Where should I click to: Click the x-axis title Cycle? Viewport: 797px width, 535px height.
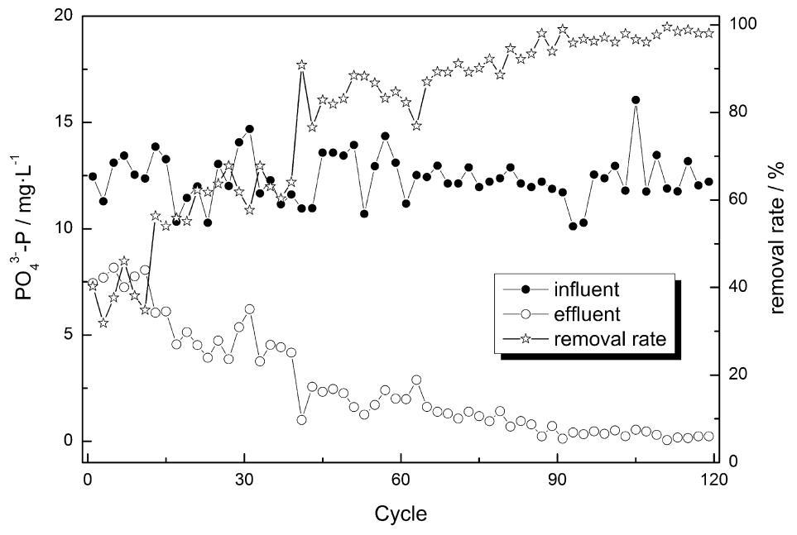coord(400,514)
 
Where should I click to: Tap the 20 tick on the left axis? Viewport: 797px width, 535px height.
coord(65,17)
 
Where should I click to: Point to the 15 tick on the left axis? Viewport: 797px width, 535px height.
coord(65,122)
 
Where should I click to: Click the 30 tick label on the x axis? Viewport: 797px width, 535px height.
coord(243,480)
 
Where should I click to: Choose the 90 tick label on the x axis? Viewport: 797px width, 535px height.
coord(557,480)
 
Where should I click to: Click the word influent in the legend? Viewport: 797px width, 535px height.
coord(591,290)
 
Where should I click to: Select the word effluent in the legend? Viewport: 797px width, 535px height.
coord(591,314)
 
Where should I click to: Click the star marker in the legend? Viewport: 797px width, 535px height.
coord(527,338)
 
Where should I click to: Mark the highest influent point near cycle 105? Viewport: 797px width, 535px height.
coord(636,100)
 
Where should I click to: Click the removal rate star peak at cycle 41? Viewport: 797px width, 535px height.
coord(302,64)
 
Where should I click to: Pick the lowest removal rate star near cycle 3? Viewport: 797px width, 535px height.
coord(103,322)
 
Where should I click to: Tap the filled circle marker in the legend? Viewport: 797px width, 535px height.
coord(527,290)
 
